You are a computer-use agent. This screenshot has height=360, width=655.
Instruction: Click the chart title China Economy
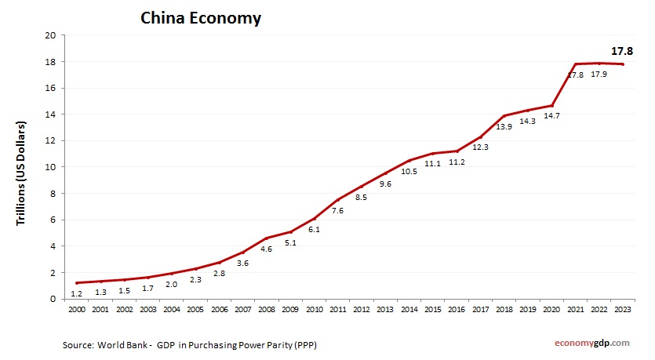pos(200,18)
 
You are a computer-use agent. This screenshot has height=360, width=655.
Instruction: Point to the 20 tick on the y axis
pos(49,35)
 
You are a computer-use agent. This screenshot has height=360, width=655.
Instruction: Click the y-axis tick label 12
pos(49,141)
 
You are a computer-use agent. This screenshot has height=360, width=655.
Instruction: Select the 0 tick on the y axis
pos(52,299)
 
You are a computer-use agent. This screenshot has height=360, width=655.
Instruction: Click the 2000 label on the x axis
pos(77,311)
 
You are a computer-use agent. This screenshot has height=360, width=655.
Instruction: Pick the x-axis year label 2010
pos(314,311)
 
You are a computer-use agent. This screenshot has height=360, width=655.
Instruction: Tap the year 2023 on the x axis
pos(622,311)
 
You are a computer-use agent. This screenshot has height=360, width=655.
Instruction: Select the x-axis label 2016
pos(456,311)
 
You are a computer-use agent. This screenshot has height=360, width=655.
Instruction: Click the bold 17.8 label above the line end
pos(622,50)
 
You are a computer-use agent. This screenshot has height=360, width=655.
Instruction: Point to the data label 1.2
pos(77,293)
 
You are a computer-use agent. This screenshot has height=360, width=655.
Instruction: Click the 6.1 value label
pos(314,230)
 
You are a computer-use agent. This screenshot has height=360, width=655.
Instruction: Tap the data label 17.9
pos(599,75)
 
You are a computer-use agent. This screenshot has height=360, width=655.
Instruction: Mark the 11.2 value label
pos(456,162)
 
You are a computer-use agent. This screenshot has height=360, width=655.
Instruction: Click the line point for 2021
pos(575,64)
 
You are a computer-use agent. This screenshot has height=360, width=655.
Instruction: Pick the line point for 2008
pos(267,238)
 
